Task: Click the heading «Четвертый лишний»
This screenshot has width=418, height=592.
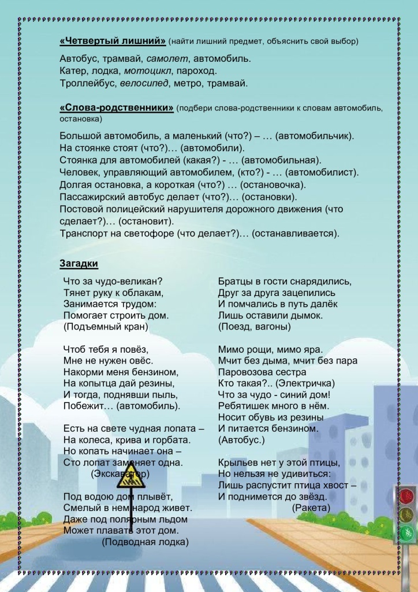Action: click(x=113, y=42)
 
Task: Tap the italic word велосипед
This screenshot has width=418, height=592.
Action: click(x=144, y=83)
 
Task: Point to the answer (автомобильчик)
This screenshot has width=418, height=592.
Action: click(x=315, y=135)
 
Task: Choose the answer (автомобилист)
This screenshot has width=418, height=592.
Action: click(x=322, y=172)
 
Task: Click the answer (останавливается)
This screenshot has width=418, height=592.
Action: click(x=296, y=233)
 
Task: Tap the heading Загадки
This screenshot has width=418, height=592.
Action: click(x=79, y=264)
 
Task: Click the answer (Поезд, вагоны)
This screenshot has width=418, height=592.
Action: click(x=254, y=327)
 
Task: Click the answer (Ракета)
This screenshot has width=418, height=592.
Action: click(x=311, y=508)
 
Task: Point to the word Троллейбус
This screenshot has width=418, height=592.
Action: click(x=88, y=83)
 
